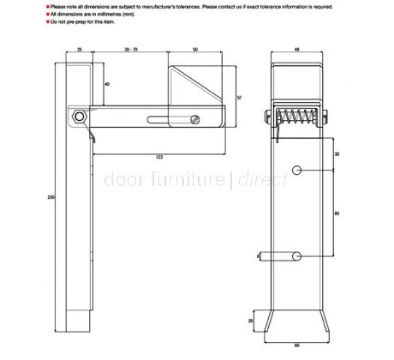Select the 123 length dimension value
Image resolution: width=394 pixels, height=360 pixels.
(160, 157)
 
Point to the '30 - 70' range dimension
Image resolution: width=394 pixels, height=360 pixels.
(131, 51)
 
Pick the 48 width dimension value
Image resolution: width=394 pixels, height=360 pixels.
(297, 51)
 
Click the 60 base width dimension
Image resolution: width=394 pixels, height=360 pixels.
(297, 345)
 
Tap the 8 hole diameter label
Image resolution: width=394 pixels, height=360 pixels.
(258, 255)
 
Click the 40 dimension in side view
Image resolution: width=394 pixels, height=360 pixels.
(106, 85)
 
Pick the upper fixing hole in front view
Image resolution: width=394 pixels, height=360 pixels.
(297, 170)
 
